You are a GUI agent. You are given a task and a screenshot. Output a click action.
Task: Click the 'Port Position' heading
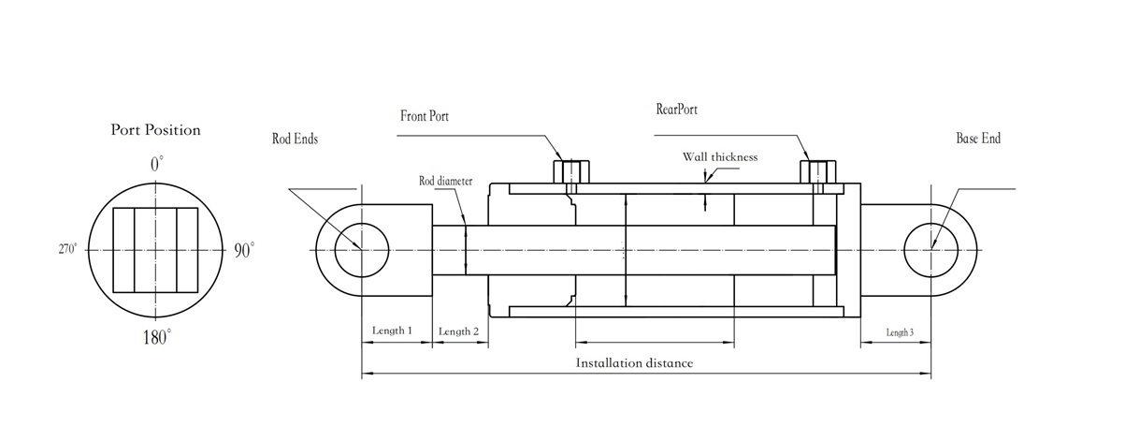(x=156, y=130)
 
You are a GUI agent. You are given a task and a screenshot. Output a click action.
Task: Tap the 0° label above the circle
(x=156, y=164)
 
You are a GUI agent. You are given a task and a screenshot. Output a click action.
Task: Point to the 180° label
(x=156, y=337)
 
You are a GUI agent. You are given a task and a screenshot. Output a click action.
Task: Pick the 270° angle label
(x=68, y=250)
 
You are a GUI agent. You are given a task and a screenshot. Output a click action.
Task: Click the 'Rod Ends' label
(x=295, y=139)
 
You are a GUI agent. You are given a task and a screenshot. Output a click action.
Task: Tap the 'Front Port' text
(x=426, y=116)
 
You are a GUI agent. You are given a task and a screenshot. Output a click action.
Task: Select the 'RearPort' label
(x=677, y=109)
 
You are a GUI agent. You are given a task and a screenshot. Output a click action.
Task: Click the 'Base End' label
(x=978, y=139)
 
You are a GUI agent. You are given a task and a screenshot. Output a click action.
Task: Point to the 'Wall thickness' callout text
(x=719, y=157)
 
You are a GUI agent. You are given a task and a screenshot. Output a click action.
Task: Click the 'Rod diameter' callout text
(x=445, y=181)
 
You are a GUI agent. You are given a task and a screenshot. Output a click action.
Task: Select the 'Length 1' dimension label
(x=391, y=331)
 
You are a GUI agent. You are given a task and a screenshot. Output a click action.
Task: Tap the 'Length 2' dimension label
(x=458, y=331)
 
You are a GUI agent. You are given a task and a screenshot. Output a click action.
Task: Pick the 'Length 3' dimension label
(x=900, y=332)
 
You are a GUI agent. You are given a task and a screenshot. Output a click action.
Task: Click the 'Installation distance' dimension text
(x=634, y=362)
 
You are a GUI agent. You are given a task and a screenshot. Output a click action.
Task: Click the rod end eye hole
(x=361, y=250)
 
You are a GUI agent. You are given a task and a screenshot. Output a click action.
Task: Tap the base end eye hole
(x=931, y=250)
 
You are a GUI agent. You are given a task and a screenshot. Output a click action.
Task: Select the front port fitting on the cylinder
(x=570, y=172)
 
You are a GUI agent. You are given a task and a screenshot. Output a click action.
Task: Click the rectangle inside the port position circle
(x=156, y=250)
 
